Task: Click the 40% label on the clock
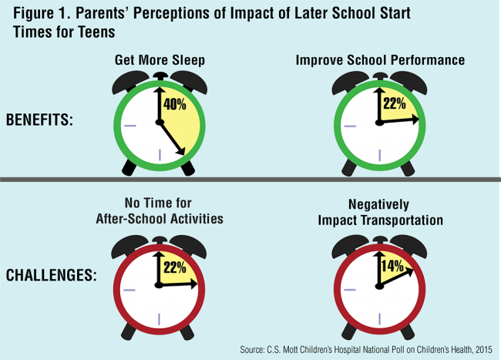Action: [175, 103]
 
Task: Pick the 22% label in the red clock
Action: [173, 267]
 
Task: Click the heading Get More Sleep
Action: [160, 60]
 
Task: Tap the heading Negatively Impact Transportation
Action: [381, 214]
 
